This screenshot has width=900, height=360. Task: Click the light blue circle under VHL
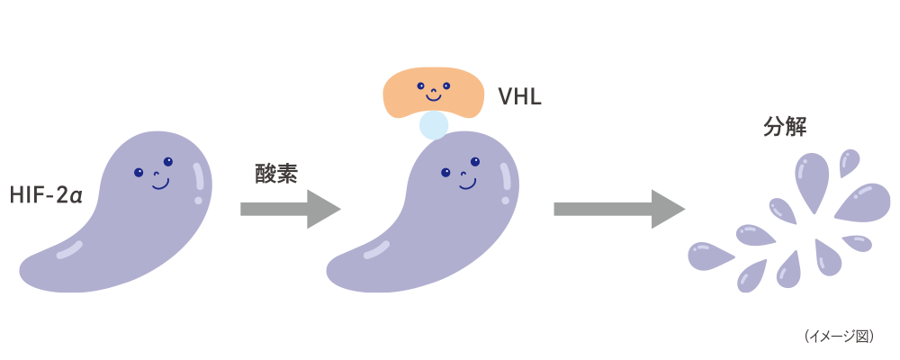(435, 125)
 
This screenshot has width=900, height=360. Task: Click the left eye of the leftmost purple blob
(138, 172)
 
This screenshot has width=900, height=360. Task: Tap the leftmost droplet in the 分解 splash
(707, 256)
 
